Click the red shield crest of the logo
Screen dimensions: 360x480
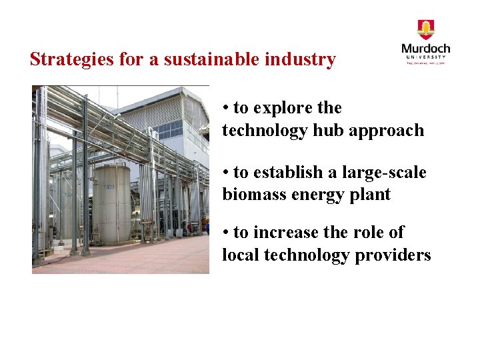(425, 29)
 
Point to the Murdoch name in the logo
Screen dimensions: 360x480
(425, 49)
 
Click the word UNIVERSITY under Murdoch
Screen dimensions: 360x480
(425, 58)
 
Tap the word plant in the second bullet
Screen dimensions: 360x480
(372, 195)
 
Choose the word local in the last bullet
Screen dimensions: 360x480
(240, 255)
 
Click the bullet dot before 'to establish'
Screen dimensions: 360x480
(227, 173)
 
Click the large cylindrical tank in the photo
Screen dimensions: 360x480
(111, 203)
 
